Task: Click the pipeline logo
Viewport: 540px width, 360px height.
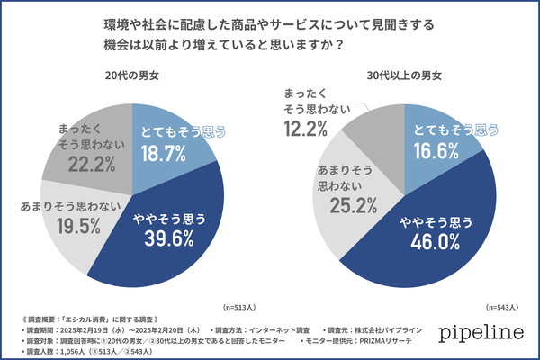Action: pos(480,332)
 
